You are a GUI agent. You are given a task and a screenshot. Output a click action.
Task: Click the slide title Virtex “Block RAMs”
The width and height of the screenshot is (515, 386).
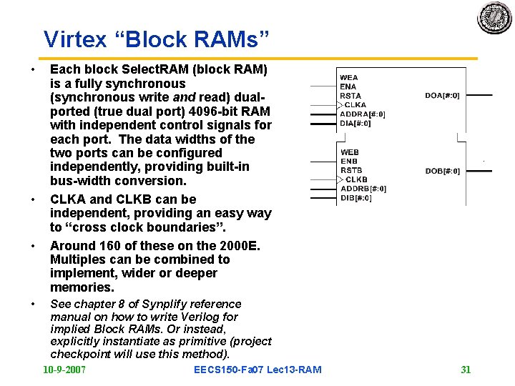156,39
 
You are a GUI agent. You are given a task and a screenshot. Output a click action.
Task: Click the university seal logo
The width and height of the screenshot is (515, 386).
494,16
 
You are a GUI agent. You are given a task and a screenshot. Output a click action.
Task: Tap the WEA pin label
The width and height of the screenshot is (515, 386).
349,77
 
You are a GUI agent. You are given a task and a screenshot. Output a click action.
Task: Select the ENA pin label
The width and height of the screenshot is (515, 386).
348,86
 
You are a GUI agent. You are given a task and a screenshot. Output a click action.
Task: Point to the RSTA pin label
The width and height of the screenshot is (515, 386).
350,96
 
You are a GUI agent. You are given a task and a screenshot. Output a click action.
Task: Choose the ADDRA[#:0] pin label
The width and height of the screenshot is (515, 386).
363,114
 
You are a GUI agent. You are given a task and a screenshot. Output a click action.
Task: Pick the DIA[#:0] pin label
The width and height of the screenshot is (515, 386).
355,123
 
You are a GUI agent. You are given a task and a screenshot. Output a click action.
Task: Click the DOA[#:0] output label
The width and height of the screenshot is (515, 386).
442,95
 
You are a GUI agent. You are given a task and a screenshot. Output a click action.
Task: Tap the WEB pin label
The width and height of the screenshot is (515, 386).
349,152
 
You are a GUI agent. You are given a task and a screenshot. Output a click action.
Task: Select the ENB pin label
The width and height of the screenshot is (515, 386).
348,162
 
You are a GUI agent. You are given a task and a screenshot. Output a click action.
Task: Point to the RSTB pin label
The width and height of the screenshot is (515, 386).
350,171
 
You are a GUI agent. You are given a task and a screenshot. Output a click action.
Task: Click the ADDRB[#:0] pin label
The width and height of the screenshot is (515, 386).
363,189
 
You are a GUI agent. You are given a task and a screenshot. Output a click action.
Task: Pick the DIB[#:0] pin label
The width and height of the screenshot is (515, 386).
355,198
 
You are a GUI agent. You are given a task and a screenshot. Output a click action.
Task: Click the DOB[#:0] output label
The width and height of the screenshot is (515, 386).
442,171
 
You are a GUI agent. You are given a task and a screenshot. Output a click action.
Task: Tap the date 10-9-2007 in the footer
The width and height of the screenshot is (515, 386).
64,370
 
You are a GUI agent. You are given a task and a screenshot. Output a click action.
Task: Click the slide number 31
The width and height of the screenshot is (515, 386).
466,370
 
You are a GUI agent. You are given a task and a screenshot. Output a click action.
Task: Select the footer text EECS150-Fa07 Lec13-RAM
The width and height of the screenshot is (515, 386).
257,370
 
